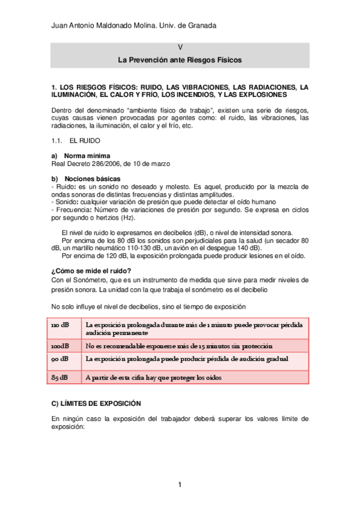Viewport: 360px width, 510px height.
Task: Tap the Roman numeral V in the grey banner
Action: click(x=180, y=48)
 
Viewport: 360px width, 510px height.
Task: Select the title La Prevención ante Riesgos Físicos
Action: click(x=180, y=61)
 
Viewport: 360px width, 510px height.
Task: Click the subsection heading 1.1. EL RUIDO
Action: click(x=71, y=140)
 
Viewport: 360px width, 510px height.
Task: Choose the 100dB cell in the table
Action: click(x=60, y=346)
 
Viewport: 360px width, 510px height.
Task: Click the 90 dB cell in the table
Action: click(x=60, y=359)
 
